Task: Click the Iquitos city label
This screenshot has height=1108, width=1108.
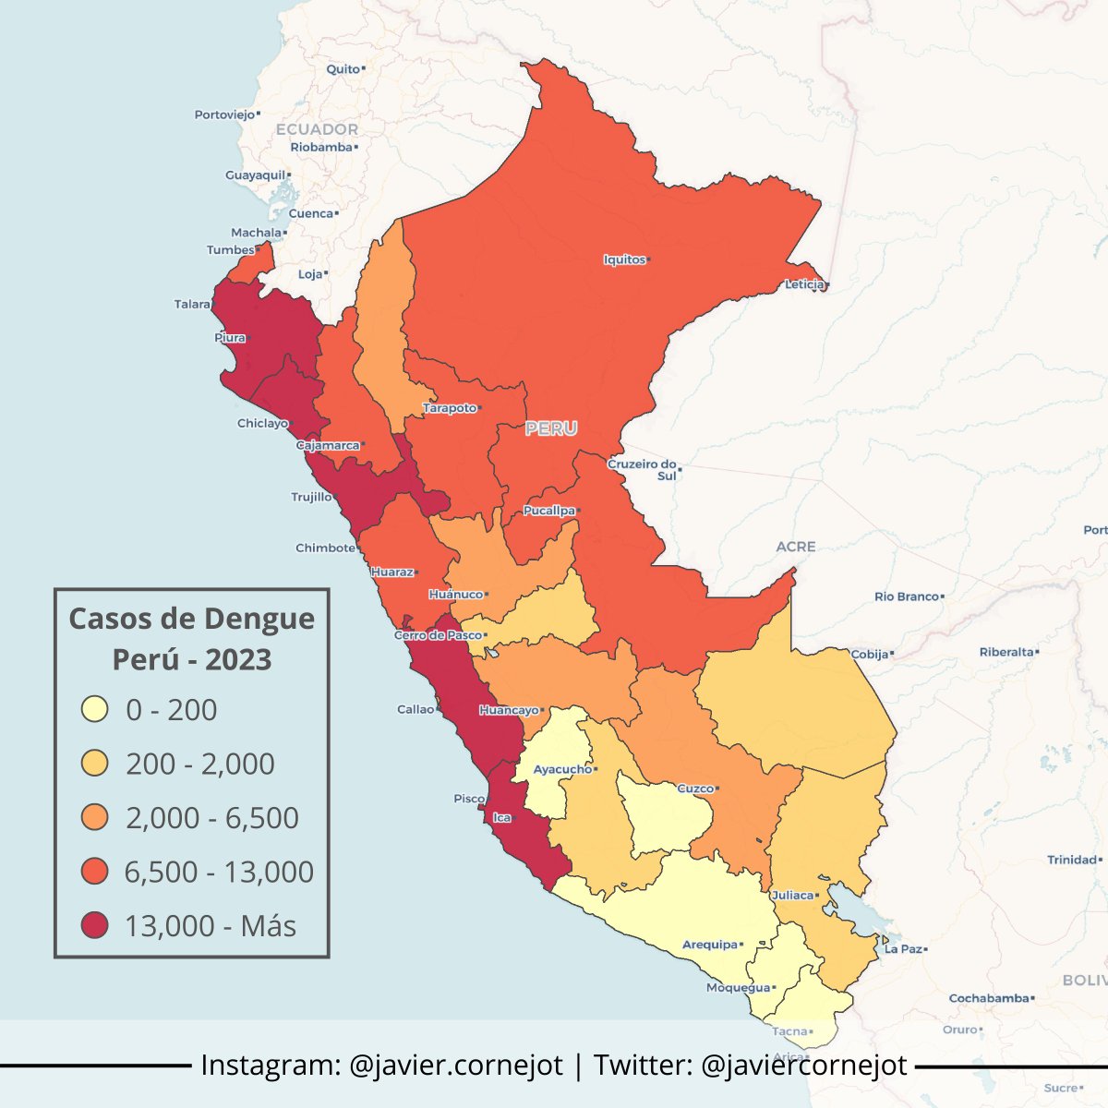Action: click(625, 259)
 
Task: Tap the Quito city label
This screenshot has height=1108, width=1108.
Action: click(343, 69)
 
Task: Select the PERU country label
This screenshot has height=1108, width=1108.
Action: click(551, 428)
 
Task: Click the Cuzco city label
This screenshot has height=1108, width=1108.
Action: click(695, 789)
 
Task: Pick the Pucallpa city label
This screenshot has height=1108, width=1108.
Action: click(548, 511)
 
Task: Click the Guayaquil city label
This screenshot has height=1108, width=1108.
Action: click(256, 175)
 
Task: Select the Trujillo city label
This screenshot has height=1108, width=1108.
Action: click(311, 497)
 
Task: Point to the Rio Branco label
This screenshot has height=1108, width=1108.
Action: click(907, 596)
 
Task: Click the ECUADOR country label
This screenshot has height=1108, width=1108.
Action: click(317, 129)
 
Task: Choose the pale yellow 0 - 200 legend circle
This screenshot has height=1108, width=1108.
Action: click(95, 710)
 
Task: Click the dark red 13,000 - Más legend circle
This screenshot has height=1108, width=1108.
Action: click(95, 925)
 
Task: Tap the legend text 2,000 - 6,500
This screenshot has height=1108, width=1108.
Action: click(212, 818)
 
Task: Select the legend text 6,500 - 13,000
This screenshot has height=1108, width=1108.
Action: click(220, 872)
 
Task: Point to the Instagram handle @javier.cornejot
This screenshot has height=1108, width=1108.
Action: click(456, 1065)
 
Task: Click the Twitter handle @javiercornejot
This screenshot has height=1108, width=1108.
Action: click(804, 1065)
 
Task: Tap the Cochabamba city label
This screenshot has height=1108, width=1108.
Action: click(989, 998)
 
